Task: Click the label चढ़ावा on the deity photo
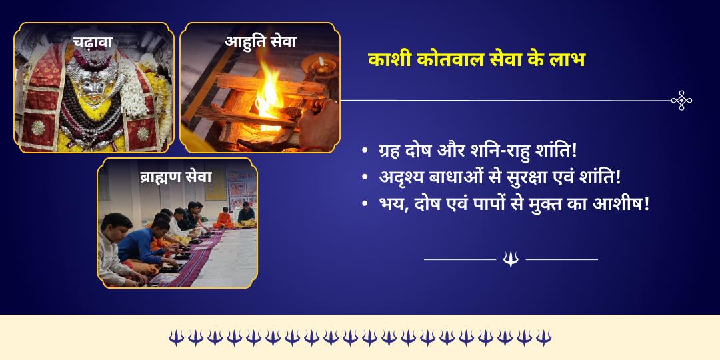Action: coord(93,43)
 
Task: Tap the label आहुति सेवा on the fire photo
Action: coord(261,41)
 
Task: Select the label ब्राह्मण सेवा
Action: coord(176,177)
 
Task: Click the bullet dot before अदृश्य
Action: coord(364,179)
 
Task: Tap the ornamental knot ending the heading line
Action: coord(681,100)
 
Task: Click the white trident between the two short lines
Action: coord(511,259)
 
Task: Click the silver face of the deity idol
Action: coord(91,82)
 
